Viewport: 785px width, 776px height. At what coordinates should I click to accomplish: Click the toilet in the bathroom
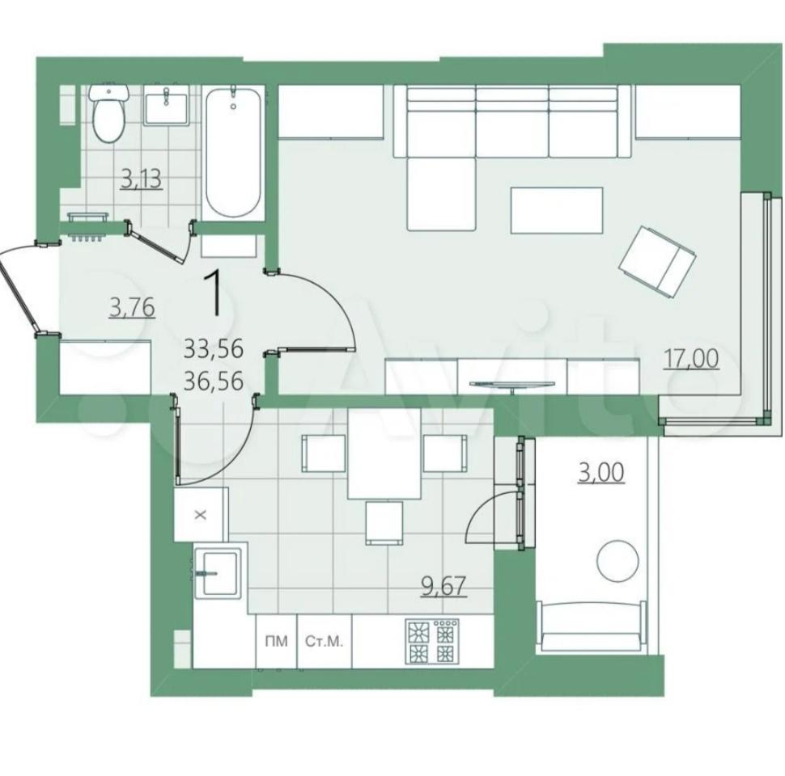[x=108, y=112]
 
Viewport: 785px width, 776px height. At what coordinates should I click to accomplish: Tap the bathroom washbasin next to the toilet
[x=166, y=104]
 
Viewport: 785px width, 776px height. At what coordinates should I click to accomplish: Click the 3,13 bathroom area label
[x=142, y=179]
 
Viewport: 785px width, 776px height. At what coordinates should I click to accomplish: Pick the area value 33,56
[x=214, y=348]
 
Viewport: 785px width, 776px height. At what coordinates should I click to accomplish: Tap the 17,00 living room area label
[x=691, y=359]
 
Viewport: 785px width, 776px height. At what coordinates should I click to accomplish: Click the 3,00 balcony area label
[x=600, y=473]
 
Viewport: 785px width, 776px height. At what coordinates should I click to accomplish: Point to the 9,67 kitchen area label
[x=444, y=586]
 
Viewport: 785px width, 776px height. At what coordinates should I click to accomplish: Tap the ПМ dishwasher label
[x=276, y=642]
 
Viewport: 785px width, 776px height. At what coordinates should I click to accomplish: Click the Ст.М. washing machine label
[x=325, y=642]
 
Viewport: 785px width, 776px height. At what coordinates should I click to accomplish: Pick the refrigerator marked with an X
[x=201, y=514]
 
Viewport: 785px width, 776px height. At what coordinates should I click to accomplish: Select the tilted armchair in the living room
[x=658, y=262]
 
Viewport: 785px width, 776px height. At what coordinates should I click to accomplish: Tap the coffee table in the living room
[x=556, y=210]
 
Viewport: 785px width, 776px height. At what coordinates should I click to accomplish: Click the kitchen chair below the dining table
[x=384, y=522]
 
